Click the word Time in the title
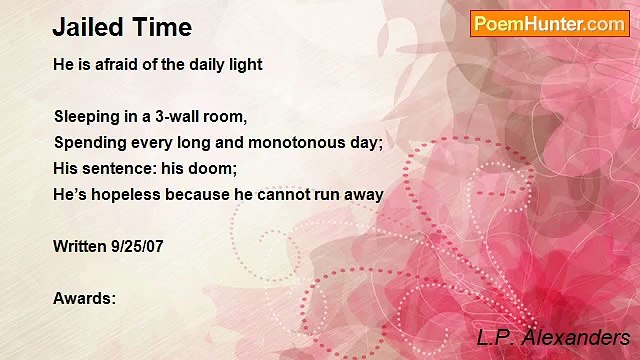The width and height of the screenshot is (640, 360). (160, 27)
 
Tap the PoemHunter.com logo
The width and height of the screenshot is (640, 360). (549, 24)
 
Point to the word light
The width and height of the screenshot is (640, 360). (244, 64)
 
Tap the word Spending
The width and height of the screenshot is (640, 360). (88, 142)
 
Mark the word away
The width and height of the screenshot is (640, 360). (364, 194)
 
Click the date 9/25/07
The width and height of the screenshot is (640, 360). (134, 246)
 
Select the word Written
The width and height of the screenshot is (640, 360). (77, 246)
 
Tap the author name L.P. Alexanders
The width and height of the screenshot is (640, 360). (552, 337)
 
